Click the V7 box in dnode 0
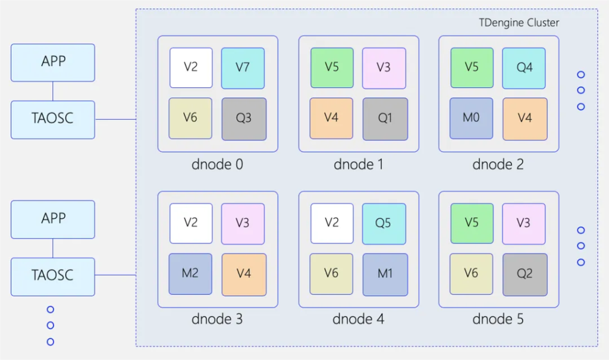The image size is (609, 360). (x=243, y=68)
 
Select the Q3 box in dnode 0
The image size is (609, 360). (x=244, y=118)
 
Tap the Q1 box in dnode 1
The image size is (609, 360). (x=385, y=118)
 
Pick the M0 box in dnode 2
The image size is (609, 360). (x=471, y=118)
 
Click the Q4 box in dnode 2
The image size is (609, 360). (x=524, y=68)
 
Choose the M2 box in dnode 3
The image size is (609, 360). (x=190, y=274)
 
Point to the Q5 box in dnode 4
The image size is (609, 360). (x=384, y=223)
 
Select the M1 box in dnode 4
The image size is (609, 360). (x=385, y=274)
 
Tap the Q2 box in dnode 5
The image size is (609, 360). (x=525, y=274)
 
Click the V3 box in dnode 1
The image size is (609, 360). (x=384, y=68)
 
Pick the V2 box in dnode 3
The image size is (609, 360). (x=190, y=223)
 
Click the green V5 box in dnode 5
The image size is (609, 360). (x=472, y=223)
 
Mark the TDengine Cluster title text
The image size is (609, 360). (x=519, y=23)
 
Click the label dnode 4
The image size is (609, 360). (x=358, y=320)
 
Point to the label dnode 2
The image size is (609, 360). (x=498, y=164)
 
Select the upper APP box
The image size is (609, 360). (x=53, y=62)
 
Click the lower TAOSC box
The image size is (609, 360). (x=53, y=276)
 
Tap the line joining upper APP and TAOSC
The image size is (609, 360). (x=53, y=91)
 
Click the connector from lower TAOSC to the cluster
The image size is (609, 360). (x=115, y=275)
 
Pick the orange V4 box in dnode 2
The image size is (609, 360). (x=525, y=118)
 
